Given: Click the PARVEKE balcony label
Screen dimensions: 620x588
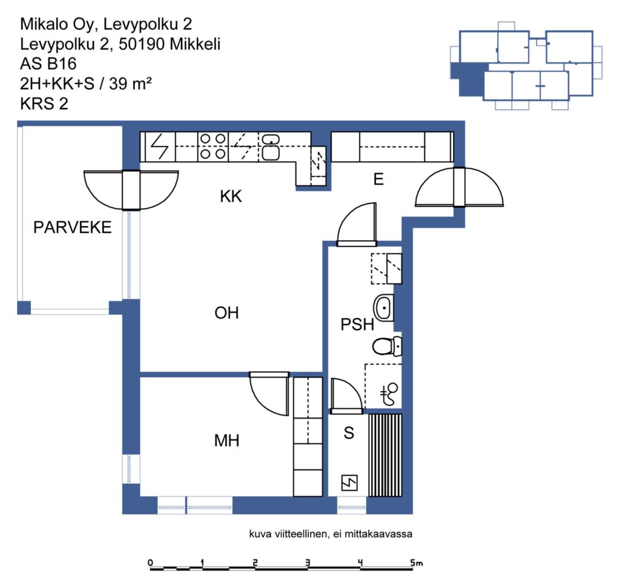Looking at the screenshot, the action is coord(73,227).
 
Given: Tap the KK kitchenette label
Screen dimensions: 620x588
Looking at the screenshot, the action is coord(231,196).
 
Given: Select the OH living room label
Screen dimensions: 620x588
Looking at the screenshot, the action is coord(226,313).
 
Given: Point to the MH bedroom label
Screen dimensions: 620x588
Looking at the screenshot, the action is coord(226,440).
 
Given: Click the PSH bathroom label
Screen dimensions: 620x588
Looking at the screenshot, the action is coord(357,324).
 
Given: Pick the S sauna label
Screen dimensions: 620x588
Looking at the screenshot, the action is coord(349,433).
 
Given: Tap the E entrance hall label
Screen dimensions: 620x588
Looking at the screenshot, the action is coord(378,179).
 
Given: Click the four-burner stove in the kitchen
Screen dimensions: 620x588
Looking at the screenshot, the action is coord(213,147).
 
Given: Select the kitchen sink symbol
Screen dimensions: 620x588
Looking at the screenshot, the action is coord(271,147).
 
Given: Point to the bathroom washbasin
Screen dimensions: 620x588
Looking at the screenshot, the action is coord(383,308).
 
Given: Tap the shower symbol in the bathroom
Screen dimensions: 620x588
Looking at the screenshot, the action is coord(389,394).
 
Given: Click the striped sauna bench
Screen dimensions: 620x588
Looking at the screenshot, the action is coord(385,455).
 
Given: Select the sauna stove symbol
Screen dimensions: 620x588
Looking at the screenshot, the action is coord(349,483).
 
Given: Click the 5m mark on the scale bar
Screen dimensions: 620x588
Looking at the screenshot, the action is coord(416,563).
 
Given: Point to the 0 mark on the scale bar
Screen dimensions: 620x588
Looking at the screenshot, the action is coord(150,563).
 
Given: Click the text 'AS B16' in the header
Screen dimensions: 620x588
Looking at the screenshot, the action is coord(48,64).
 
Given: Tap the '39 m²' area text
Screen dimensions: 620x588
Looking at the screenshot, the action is coord(130,84).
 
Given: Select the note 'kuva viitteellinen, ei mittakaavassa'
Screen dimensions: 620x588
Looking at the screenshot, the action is coord(331,534).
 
